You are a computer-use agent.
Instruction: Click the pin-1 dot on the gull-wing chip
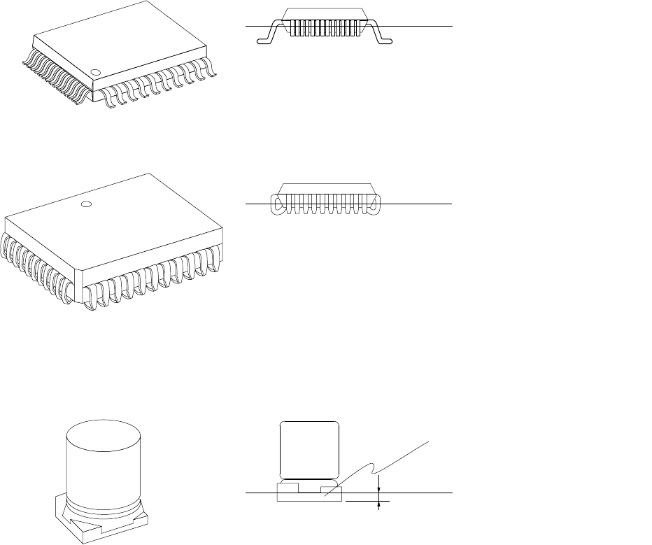point(96,71)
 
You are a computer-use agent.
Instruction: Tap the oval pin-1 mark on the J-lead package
point(86,204)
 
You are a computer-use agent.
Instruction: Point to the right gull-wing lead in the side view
point(380,34)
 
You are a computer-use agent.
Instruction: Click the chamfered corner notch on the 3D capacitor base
point(67,514)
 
